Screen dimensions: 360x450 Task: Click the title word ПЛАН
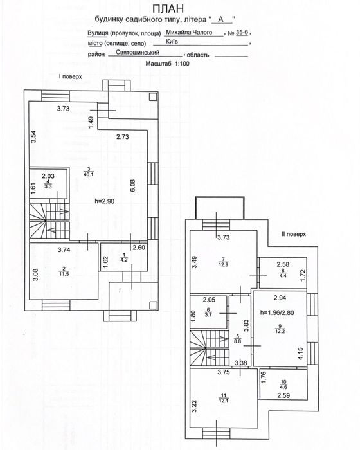click(168, 9)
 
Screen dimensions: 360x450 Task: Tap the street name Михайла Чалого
click(189, 32)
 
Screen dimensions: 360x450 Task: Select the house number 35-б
click(242, 33)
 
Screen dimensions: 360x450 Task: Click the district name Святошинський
click(138, 53)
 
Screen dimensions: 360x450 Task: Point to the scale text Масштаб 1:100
click(167, 64)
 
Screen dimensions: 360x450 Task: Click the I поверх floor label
click(70, 76)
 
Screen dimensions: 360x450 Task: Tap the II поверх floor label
click(293, 234)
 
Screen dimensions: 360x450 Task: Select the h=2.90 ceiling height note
click(105, 201)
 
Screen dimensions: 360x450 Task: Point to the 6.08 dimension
click(132, 186)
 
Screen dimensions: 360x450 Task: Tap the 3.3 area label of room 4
click(48, 186)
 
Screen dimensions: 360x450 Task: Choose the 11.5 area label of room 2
click(64, 274)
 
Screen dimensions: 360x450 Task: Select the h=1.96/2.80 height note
click(277, 312)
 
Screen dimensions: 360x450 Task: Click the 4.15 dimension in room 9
click(300, 354)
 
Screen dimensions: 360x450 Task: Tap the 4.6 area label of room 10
click(283, 387)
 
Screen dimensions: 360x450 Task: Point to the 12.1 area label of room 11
click(224, 401)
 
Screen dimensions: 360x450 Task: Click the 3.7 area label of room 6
click(208, 315)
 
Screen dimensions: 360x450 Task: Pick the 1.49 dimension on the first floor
click(91, 123)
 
